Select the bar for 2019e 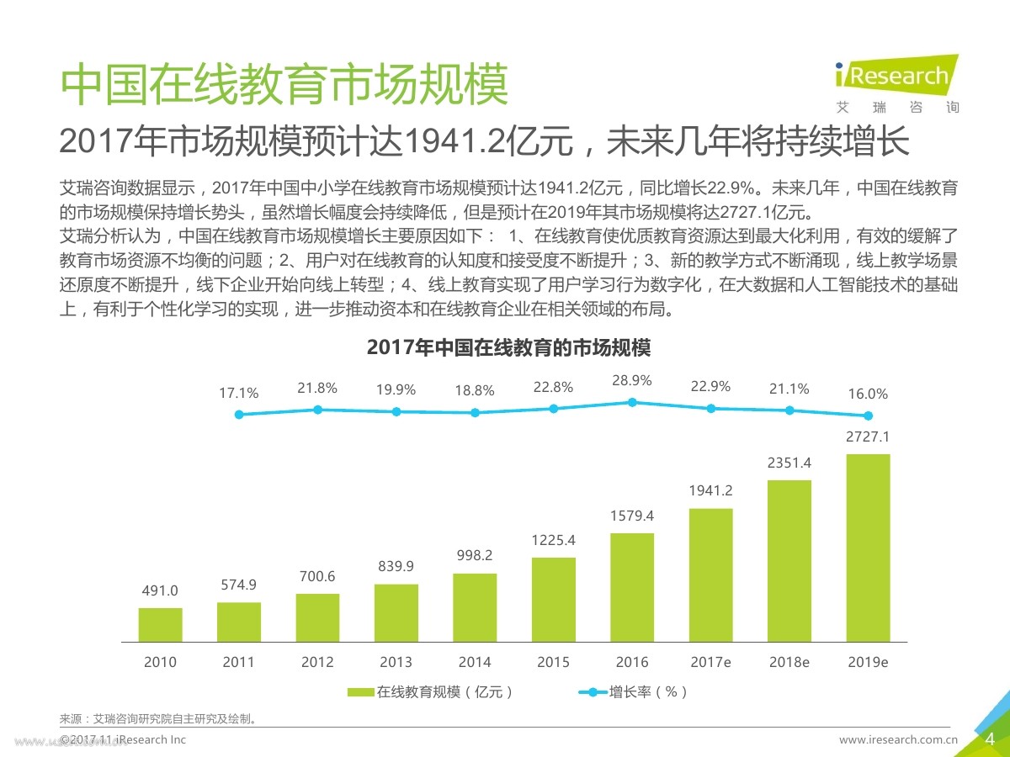point(867,548)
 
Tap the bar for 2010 point(160,624)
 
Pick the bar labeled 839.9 point(396,612)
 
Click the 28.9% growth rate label point(632,380)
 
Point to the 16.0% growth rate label point(867,394)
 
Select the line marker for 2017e point(710,408)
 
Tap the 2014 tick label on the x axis point(475,662)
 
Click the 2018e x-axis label point(789,662)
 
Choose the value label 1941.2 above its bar point(710,491)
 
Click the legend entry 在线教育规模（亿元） point(431,692)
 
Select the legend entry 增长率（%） point(635,692)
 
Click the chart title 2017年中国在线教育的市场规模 point(509,347)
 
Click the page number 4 point(990,739)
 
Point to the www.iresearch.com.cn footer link point(899,740)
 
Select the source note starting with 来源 point(158,718)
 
